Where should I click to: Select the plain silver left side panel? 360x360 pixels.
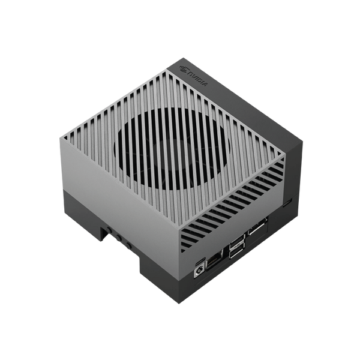tap(114, 192)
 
